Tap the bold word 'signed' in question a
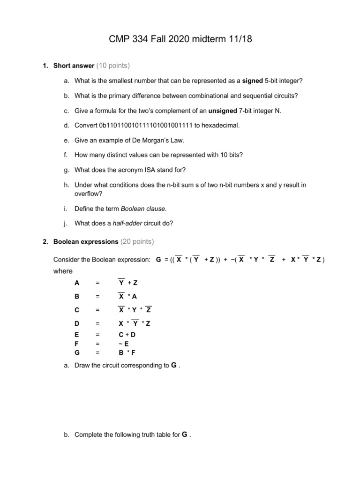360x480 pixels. (x=253, y=81)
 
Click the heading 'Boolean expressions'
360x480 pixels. (x=86, y=242)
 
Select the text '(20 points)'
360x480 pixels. (x=137, y=242)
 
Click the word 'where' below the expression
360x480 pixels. (x=63, y=271)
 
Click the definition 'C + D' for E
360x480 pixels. (x=127, y=335)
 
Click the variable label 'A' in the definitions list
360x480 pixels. (x=77, y=283)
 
